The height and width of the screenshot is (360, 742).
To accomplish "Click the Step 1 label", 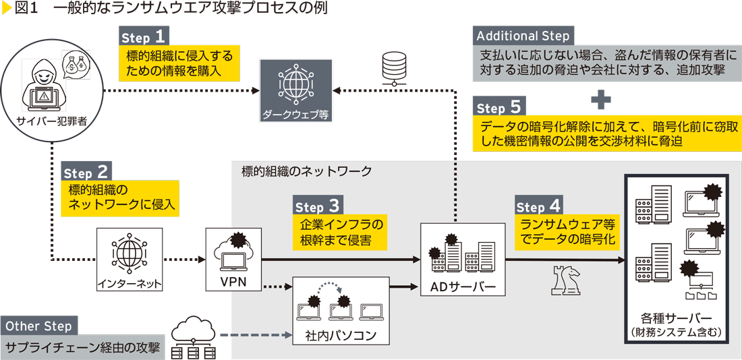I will pos(144,36).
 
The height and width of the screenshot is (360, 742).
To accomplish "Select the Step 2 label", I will pos(86,171).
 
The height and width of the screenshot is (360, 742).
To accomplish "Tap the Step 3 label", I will pos(318,206).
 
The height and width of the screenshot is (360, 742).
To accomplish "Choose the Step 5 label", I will pos(500,107).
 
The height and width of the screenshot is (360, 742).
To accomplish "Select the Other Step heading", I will pos(39,326).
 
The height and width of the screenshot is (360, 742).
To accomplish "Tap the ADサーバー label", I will pos(463,288).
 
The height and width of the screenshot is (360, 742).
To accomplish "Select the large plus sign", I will pos(600,100).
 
